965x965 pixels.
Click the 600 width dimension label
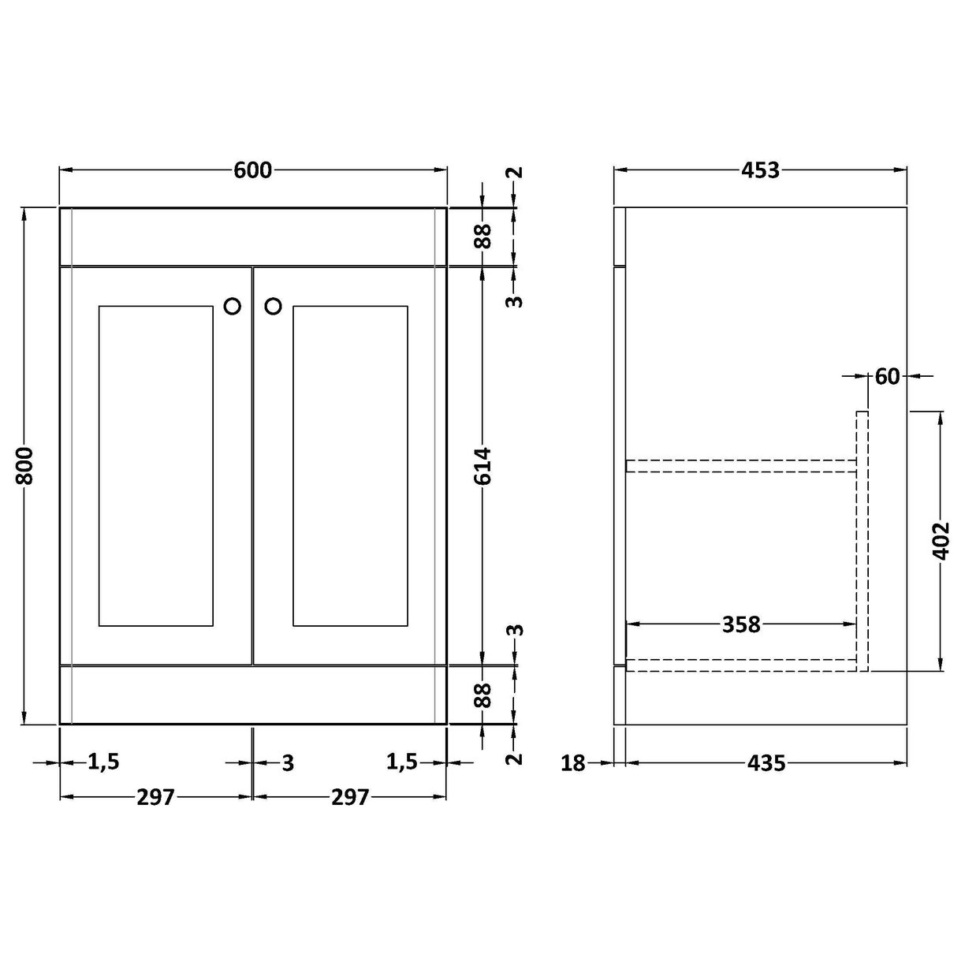click(252, 170)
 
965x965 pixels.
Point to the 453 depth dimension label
click(760, 170)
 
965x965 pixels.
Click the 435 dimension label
click(766, 762)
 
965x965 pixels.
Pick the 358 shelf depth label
click(741, 624)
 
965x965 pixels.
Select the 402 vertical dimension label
click(941, 540)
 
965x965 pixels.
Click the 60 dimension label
click(887, 377)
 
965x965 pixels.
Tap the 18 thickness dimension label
click(574, 762)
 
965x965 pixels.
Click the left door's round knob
click(233, 306)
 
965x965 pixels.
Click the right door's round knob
click(273, 306)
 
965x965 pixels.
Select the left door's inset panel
click(156, 465)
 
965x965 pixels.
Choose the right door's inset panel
click(349, 465)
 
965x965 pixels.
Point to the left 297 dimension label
click(155, 797)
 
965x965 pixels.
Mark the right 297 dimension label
click(349, 797)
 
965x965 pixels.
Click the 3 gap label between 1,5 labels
click(288, 762)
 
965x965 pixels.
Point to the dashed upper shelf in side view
click(741, 465)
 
